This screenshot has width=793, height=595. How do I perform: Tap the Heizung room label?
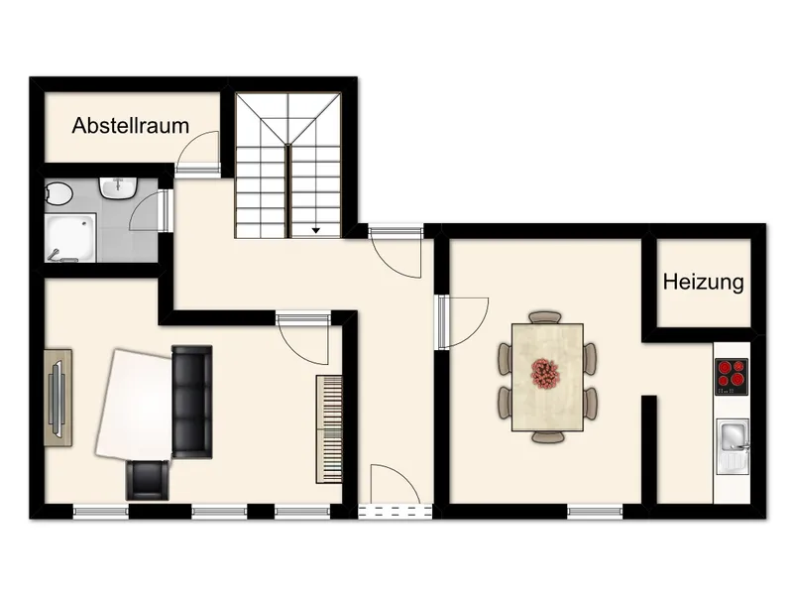pos(703,283)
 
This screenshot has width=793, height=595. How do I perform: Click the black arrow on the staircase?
pos(316,230)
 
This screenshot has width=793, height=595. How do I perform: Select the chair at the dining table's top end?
pos(544,317)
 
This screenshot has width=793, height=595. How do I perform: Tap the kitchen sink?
pos(732,435)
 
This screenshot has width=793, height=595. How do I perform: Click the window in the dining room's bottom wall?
pos(595,513)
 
